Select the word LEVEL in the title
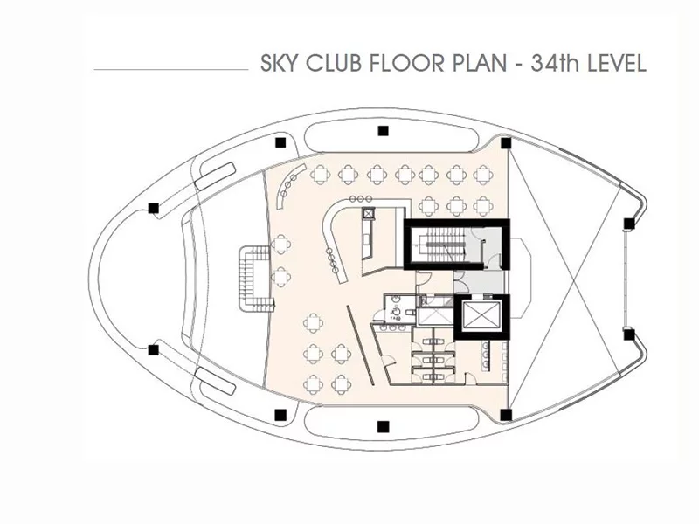[617, 63]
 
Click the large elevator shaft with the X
[482, 316]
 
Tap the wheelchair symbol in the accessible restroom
[395, 313]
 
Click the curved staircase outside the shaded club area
[255, 279]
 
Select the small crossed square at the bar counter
[368, 213]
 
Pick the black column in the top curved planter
[383, 131]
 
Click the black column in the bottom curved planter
[383, 427]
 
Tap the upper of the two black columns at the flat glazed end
[628, 224]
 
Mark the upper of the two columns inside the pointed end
[154, 208]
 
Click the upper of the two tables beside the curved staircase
[280, 245]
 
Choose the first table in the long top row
[319, 175]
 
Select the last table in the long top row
[483, 175]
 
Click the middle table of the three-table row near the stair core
[455, 206]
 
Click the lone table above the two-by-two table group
[314, 323]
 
